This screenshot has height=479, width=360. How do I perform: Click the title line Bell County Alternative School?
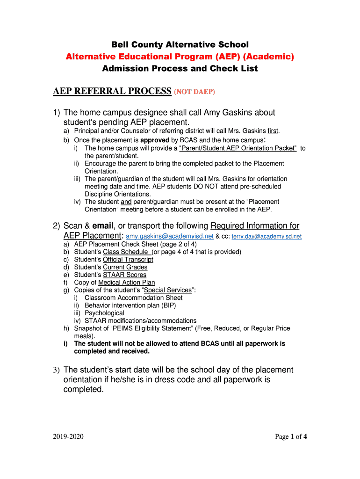180,45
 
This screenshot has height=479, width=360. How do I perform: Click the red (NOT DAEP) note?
194,92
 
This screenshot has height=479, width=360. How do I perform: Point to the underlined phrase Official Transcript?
128,260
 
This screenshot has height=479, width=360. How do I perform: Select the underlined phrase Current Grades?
125,267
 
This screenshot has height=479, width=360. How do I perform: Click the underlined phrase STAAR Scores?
124,275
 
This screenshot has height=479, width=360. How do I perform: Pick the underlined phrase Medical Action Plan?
126,283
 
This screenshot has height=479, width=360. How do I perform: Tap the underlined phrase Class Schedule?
125,252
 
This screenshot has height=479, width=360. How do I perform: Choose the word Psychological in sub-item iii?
104,313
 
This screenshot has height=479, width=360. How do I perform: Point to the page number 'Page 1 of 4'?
291,437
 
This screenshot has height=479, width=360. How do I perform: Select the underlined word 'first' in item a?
273,131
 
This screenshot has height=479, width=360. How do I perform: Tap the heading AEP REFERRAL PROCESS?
112,91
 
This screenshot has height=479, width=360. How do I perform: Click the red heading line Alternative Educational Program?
180,57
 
